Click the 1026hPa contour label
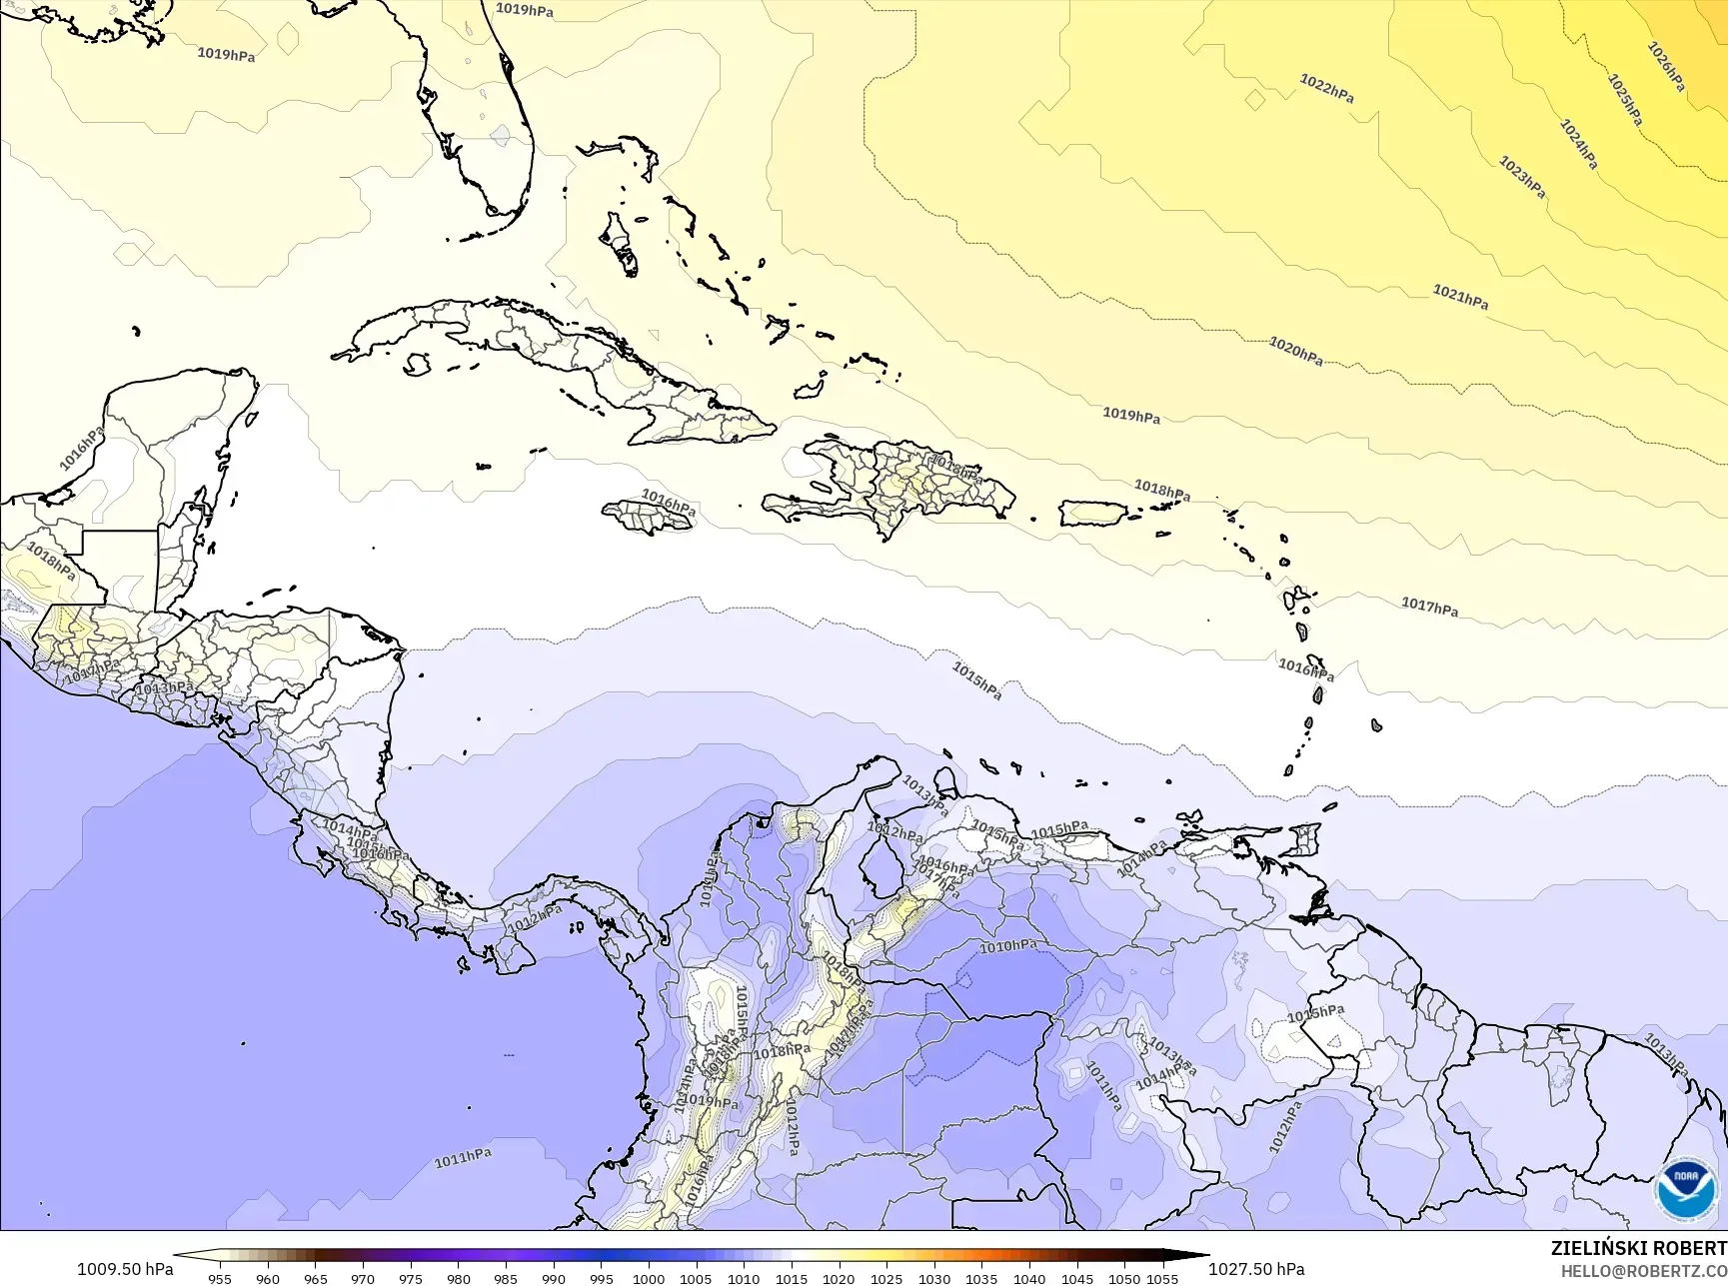coord(1666,66)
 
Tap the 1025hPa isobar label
coord(1625,99)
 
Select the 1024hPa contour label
coord(1579,144)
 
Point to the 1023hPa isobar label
coord(1522,177)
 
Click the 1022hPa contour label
coord(1326,88)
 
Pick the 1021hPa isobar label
coord(1460,297)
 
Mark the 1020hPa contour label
coord(1296,351)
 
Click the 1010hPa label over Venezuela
coord(1007,946)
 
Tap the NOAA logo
coord(1688,1189)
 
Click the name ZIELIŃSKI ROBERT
coord(1638,1248)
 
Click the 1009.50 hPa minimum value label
coord(125,1269)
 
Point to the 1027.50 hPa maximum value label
coord(1256,1269)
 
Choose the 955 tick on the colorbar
coord(220,1279)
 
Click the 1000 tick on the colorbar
coord(649,1279)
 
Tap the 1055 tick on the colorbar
coord(1162,1279)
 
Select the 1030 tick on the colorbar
coord(934,1279)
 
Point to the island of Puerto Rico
coord(1092,514)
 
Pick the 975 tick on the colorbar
coord(411,1279)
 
